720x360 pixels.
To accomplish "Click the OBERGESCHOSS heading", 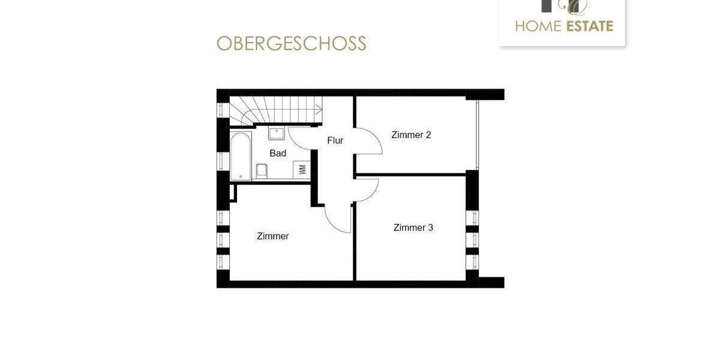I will pos(291,44).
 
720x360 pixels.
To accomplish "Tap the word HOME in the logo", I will pos(537,26).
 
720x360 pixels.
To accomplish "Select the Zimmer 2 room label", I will pos(411,135).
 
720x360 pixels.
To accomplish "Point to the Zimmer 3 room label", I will pos(413,227).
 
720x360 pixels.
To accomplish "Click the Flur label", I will pos(335,140).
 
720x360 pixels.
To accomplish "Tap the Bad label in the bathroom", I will pos(278,153).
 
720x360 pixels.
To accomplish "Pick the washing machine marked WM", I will pos(302,169).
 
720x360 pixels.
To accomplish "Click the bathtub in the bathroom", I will pos(241,156).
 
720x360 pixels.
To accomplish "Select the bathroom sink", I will pos(277,133).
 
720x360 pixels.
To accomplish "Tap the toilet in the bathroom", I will pos(262,171).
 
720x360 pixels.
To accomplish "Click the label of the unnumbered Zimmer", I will pos(272,236).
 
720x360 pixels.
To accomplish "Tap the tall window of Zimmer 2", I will pos(478,135).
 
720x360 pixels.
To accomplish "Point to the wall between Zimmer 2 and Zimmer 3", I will pos(411,175).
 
